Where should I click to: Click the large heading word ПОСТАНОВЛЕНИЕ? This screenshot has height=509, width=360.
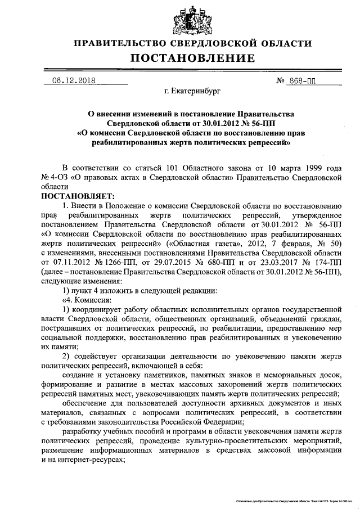193,58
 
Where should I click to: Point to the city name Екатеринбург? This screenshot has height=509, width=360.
192,89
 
